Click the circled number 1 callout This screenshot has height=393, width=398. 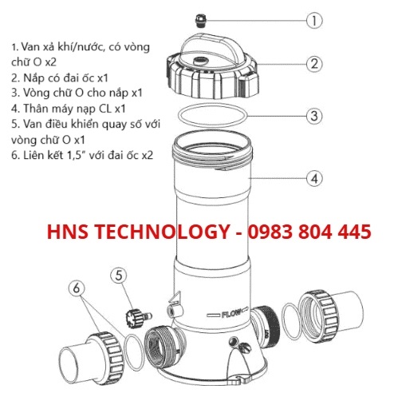click(x=314, y=21)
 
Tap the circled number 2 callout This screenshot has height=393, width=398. click(x=314, y=64)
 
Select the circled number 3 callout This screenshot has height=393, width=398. click(x=314, y=116)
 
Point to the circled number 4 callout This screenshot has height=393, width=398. click(x=314, y=178)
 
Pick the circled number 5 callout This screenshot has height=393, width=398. click(x=119, y=276)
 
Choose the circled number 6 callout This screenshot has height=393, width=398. click(x=77, y=288)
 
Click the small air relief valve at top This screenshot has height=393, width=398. click(x=200, y=21)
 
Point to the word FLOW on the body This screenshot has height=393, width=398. click(x=231, y=313)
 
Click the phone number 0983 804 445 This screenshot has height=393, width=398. click(x=309, y=231)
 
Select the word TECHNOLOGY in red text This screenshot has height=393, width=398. click(x=162, y=231)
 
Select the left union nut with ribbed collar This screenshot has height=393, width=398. click(x=110, y=355)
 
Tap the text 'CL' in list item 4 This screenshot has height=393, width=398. click(x=105, y=109)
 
